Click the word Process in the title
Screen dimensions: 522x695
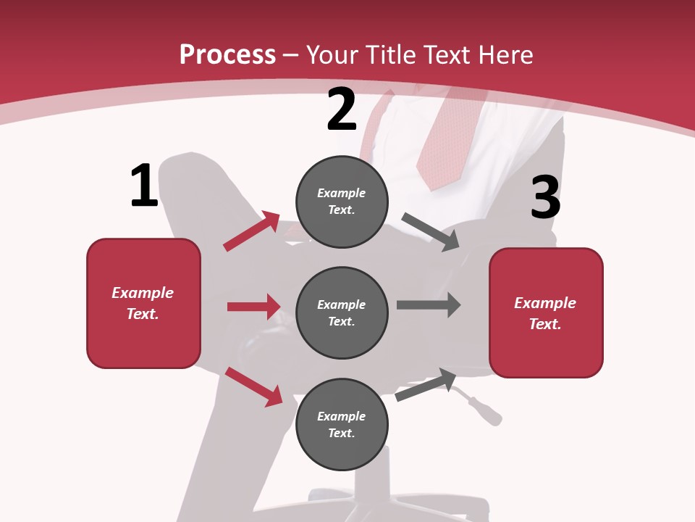[227, 55]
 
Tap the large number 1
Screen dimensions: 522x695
[144, 186]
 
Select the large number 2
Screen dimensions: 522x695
[342, 110]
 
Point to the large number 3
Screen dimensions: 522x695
[545, 199]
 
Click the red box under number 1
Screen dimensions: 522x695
[143, 303]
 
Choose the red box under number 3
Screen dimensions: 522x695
[546, 312]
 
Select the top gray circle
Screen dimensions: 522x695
[342, 202]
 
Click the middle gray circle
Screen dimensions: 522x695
[342, 312]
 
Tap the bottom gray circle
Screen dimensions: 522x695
[342, 424]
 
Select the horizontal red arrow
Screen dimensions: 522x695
[253, 307]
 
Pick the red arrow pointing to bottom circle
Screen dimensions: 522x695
[253, 386]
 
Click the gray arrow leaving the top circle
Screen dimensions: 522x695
[431, 233]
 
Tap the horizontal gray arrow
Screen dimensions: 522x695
[428, 304]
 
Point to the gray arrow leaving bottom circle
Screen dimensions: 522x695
[426, 385]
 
